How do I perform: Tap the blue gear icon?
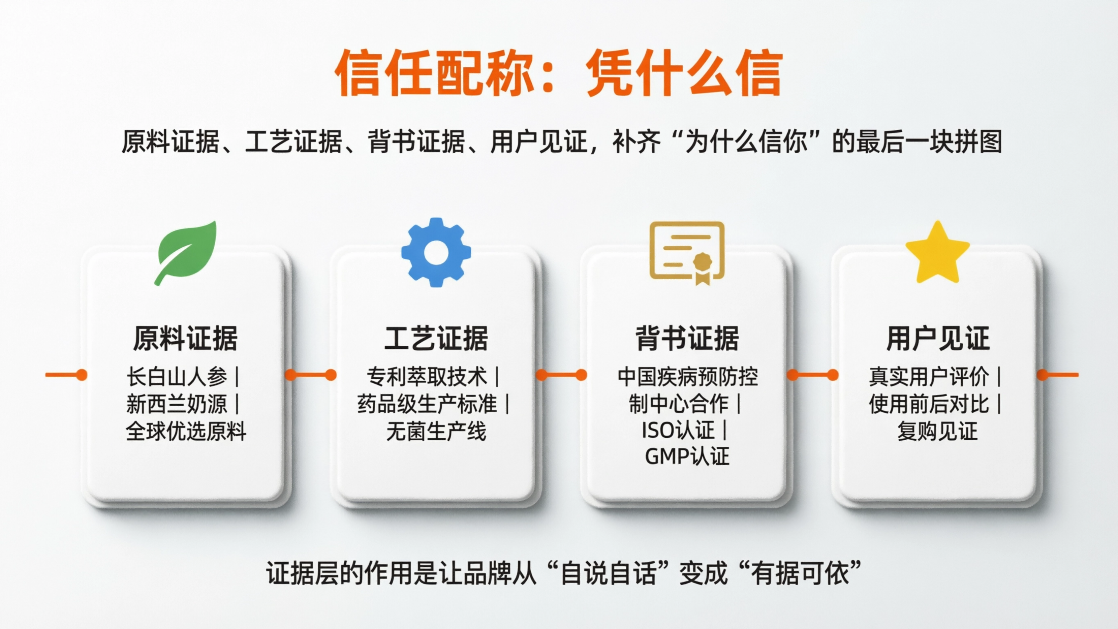[436, 252]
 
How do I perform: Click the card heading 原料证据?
[185, 339]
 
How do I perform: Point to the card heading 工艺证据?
[436, 339]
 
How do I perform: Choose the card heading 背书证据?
[687, 339]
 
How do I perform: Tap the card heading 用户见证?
[937, 339]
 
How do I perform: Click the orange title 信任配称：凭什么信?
[559, 72]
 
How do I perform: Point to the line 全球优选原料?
[186, 432]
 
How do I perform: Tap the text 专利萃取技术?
[427, 376]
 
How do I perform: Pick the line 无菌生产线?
[436, 432]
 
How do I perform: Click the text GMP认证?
[687, 457]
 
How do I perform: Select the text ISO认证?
[678, 431]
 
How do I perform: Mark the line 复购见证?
[937, 432]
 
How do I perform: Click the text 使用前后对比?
[929, 404]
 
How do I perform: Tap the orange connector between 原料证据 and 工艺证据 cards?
[311, 375]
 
